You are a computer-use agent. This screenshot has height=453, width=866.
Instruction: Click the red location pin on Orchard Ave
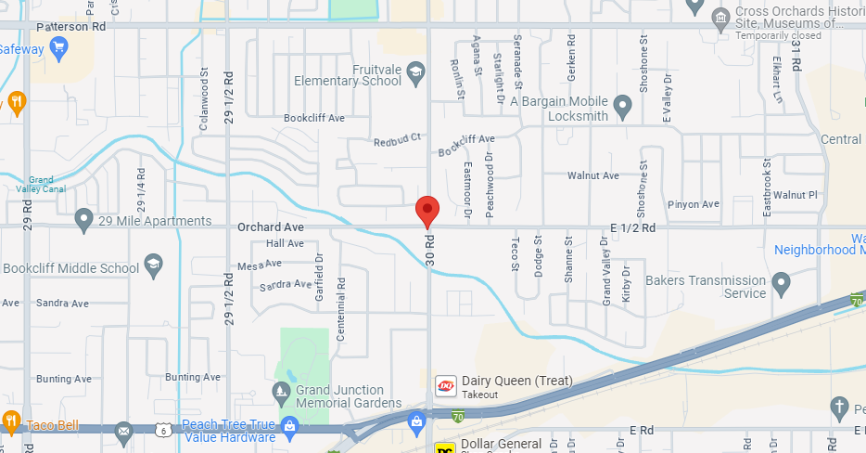click(427, 210)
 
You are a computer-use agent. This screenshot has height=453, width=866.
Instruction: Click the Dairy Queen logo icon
click(445, 385)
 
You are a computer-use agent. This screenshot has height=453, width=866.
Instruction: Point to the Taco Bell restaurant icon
click(10, 420)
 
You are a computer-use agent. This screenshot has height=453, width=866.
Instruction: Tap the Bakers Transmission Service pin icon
click(781, 280)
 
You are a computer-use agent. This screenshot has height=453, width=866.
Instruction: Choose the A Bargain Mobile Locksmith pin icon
click(623, 109)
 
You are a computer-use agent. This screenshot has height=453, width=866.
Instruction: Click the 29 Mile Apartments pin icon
click(83, 221)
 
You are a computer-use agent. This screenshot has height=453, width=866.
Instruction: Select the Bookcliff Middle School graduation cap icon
click(153, 268)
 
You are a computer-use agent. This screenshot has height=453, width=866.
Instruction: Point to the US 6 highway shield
click(163, 430)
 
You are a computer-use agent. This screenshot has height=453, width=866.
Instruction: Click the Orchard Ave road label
click(271, 226)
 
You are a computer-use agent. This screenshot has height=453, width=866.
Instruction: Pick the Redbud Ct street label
click(397, 140)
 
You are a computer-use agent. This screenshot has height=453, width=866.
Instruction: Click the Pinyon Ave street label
click(696, 204)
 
